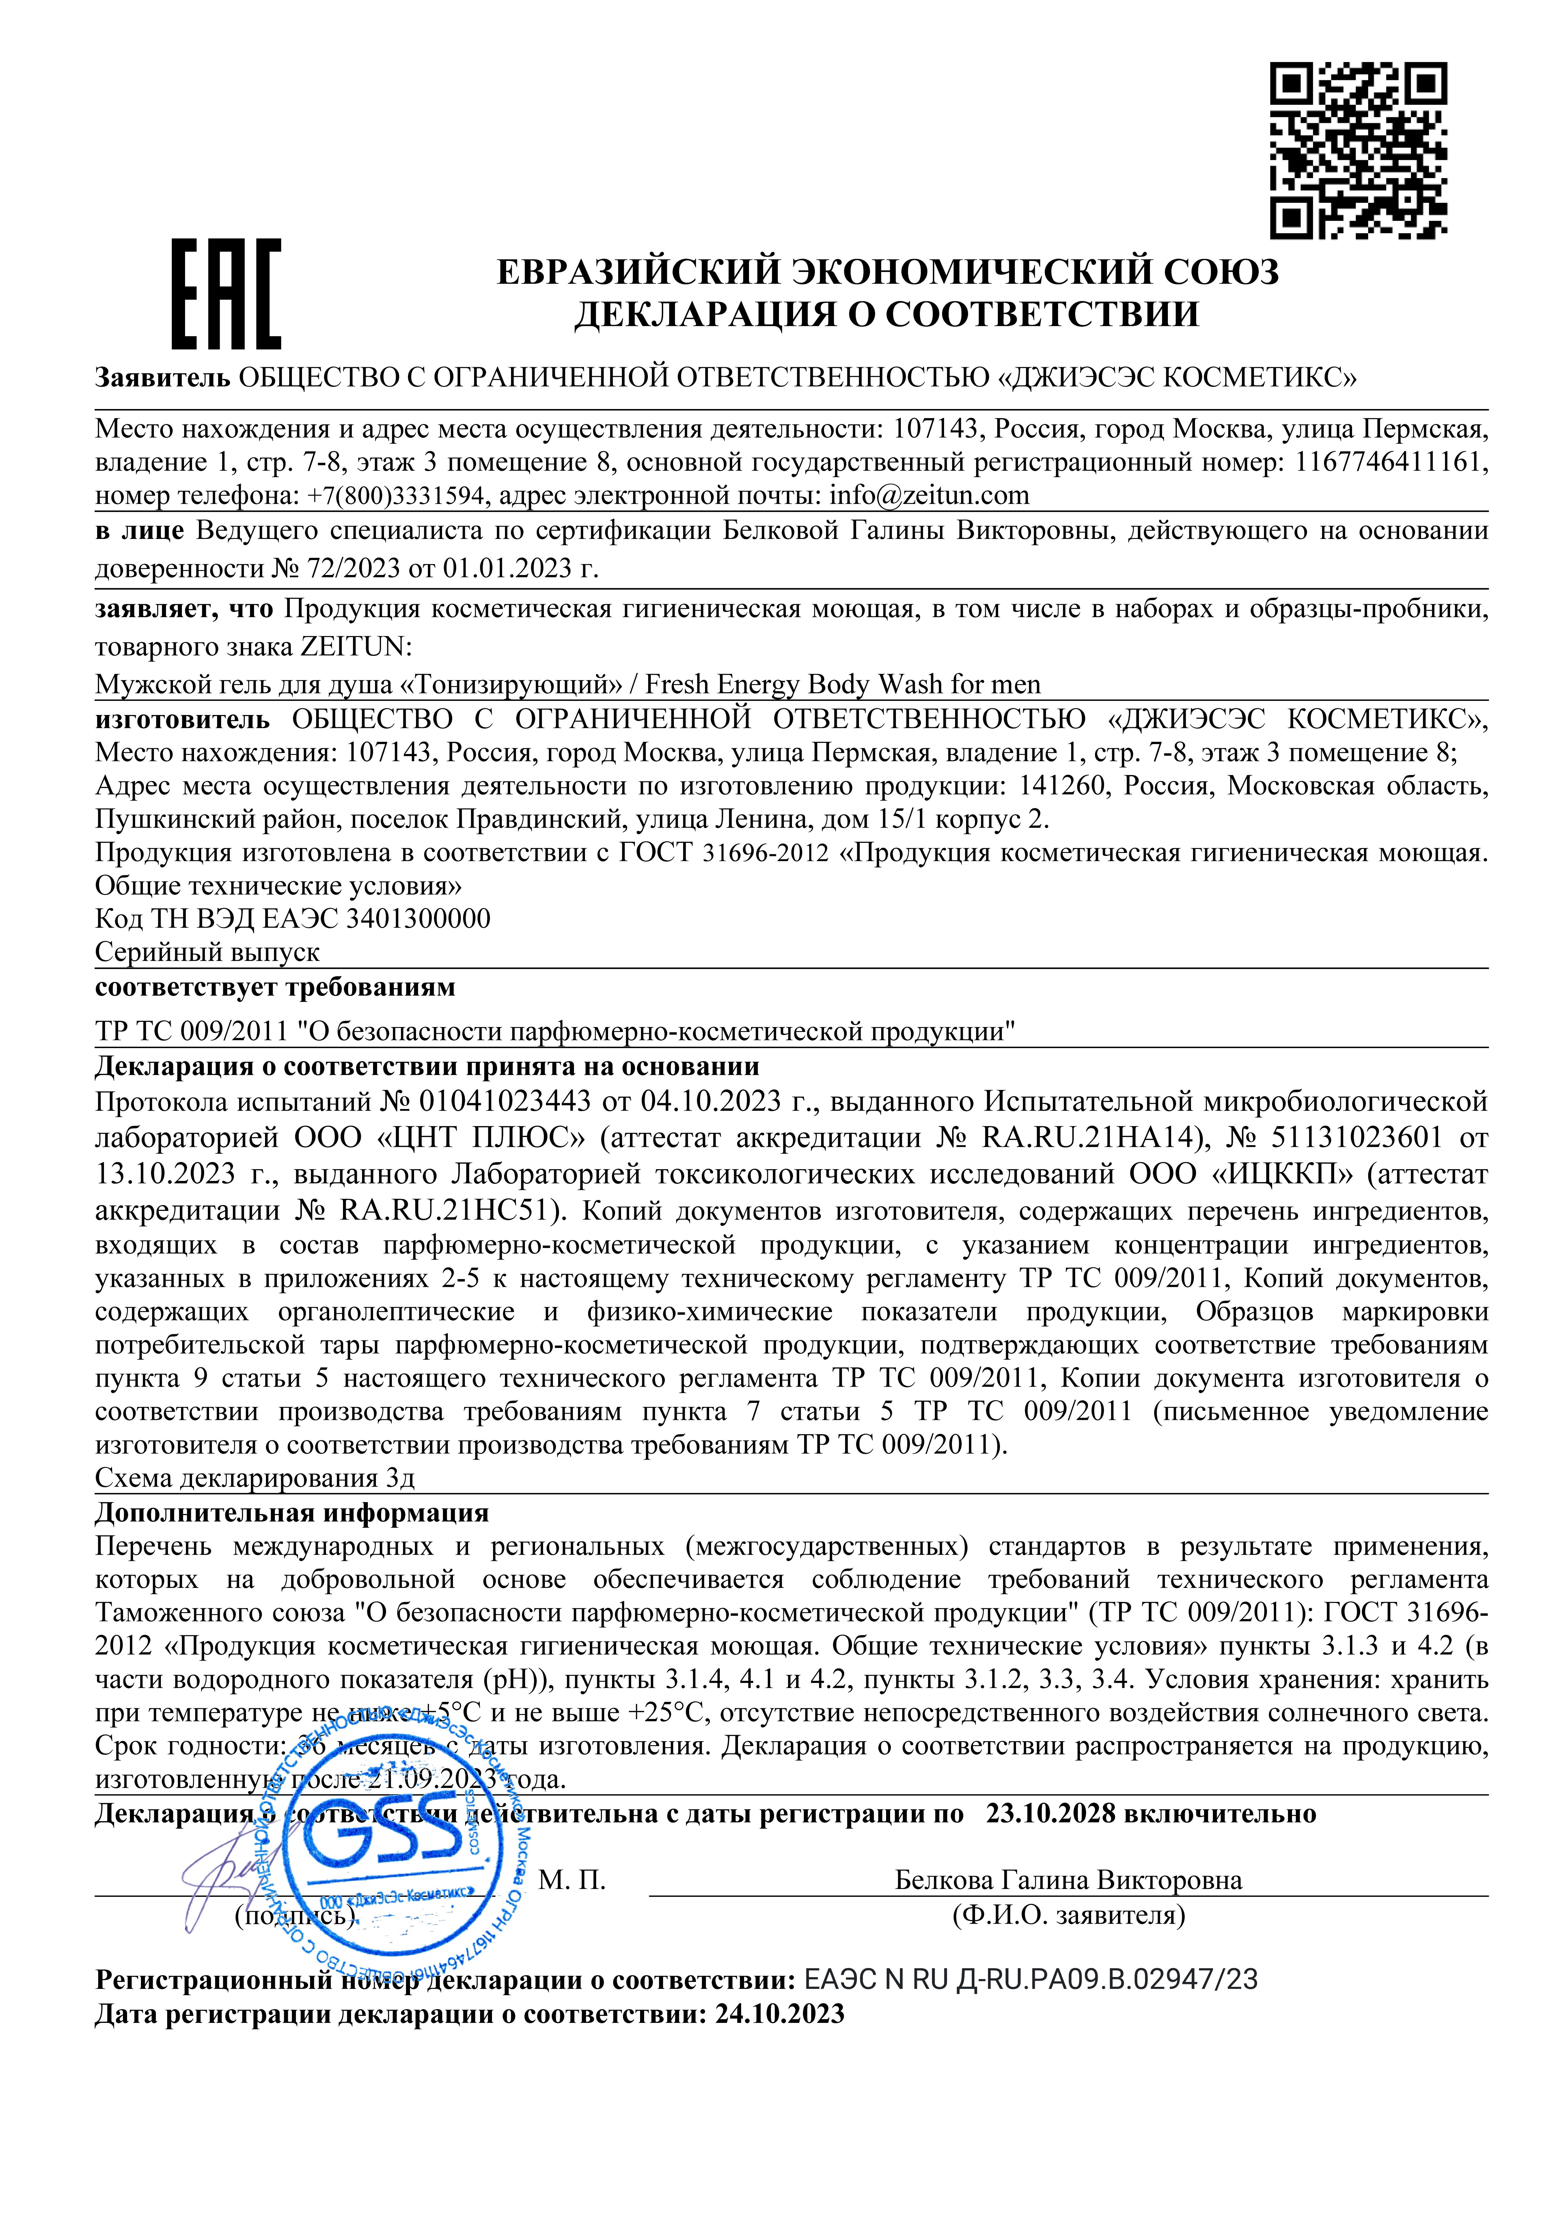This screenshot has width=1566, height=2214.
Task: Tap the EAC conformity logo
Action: tap(227, 294)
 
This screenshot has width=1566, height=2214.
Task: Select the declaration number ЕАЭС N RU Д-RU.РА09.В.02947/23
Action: tap(1030, 1980)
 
